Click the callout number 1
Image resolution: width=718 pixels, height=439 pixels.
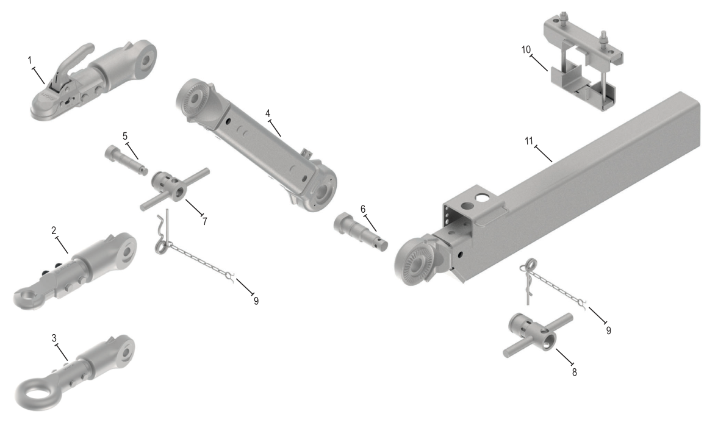30,60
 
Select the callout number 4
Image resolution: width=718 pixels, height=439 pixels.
268,113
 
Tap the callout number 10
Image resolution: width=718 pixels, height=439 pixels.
526,49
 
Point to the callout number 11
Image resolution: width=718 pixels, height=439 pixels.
529,140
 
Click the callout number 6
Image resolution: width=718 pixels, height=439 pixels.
363,209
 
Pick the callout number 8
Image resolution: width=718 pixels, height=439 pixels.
574,372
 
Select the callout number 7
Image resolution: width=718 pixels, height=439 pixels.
205,221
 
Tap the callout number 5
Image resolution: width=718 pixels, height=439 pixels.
125,136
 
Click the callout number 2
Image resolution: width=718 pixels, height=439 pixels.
54,230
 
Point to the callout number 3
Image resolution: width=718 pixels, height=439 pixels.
54,338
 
